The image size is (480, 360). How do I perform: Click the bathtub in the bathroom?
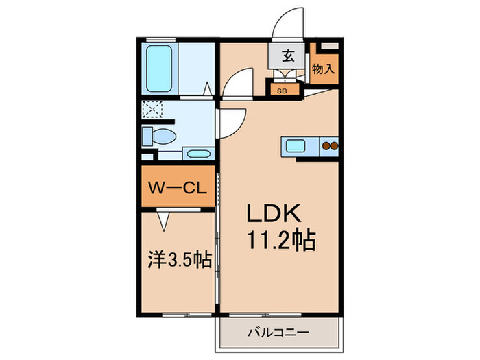coord(159,69)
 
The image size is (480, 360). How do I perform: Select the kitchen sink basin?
coord(296,145)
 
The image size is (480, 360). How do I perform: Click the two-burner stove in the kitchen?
coord(330,146)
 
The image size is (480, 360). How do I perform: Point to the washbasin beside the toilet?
coord(198,154)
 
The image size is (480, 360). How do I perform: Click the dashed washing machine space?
coord(152,110)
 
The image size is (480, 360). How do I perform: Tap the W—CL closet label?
coord(178,188)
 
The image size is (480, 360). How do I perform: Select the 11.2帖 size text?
coord(281,240)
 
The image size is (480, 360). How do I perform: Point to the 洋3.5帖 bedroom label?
coord(180,259)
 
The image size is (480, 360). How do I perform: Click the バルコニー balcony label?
coord(278,333)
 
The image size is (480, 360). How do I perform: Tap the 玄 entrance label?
coord(288,56)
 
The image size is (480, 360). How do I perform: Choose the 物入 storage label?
coord(323,69)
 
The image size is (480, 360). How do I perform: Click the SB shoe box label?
coord(282,91)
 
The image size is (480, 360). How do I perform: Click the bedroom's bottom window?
coord(187,315)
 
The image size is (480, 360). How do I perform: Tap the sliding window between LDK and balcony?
coord(265,315)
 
